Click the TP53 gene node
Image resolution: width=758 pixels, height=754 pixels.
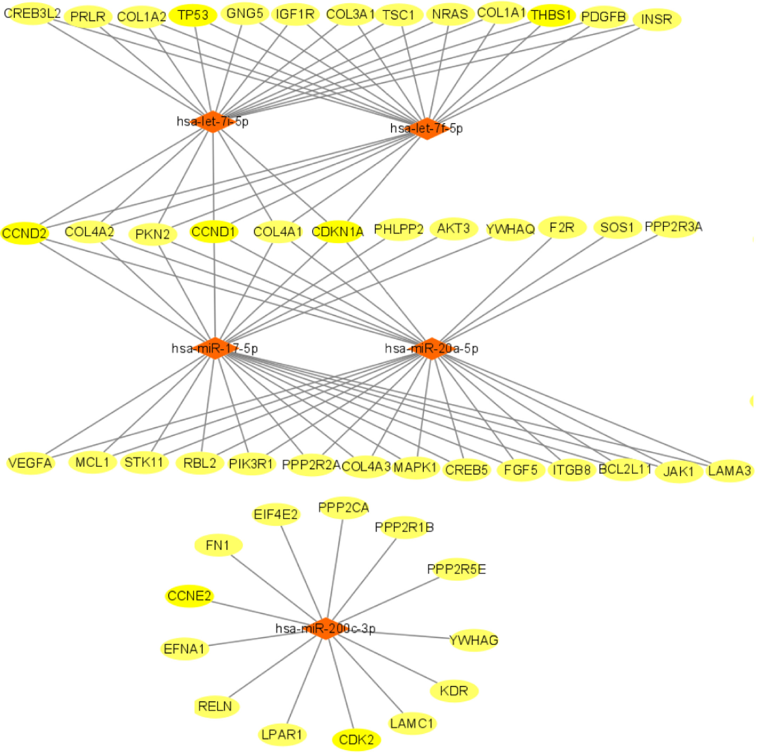click(193, 16)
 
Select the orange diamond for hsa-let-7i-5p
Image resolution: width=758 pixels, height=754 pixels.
click(212, 122)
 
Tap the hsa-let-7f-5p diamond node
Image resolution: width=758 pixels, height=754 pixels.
click(427, 129)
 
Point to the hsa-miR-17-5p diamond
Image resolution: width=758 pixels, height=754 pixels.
click(215, 348)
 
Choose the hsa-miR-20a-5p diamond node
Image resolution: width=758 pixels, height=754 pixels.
click(431, 348)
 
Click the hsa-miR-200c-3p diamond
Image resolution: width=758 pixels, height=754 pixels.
click(326, 628)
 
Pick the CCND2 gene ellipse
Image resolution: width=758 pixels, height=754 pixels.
click(24, 234)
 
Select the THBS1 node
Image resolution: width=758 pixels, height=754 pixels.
click(551, 16)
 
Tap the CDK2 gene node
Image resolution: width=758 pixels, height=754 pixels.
click(356, 740)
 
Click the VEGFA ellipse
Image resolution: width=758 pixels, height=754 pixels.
click(30, 463)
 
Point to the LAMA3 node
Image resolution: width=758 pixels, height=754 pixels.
click(729, 471)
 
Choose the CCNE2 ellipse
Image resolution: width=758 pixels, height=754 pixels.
click(189, 596)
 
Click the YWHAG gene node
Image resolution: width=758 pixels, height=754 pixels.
click(474, 640)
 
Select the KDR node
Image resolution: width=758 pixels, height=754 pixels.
click(454, 691)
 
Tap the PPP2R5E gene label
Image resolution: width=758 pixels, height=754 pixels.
click(456, 569)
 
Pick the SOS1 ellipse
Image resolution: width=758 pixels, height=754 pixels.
click(617, 227)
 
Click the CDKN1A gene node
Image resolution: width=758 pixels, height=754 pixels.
click(337, 232)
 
